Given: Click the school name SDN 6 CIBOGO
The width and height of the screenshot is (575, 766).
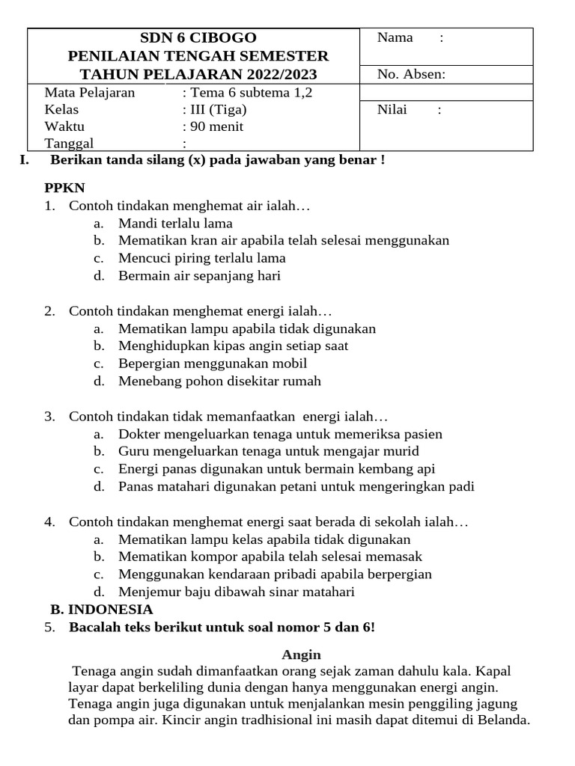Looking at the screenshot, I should click(x=198, y=38).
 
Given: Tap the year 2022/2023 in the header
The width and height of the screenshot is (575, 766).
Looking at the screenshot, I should click(x=279, y=74).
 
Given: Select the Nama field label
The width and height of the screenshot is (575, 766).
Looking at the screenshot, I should click(x=395, y=37).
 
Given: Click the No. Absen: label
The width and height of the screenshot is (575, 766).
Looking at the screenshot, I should click(x=411, y=73).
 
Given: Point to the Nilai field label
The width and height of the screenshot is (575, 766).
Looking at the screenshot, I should click(x=392, y=110).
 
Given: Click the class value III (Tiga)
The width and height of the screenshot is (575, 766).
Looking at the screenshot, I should click(x=219, y=109).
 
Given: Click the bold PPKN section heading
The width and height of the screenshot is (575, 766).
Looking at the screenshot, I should click(x=65, y=188).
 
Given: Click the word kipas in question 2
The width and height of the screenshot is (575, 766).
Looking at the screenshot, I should click(x=210, y=346).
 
